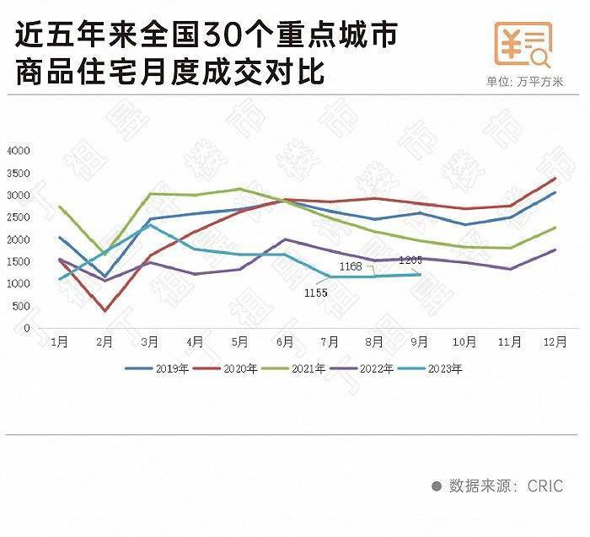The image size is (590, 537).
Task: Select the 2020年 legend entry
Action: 229,368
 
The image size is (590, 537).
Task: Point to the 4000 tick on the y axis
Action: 19,151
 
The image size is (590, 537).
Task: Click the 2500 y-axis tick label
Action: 19,217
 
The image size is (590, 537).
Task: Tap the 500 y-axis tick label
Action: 21,306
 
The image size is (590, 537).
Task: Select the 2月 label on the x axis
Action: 105,342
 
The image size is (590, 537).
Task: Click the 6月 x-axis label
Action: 285,342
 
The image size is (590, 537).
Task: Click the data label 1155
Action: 316,293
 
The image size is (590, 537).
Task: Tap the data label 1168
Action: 351,266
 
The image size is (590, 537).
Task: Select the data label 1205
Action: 410,260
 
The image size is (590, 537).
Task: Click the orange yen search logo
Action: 523,45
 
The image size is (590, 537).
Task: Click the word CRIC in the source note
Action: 545,486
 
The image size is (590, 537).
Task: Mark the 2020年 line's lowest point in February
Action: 105,311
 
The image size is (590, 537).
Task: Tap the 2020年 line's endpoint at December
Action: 554,178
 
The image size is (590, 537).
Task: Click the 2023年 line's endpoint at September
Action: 420,274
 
